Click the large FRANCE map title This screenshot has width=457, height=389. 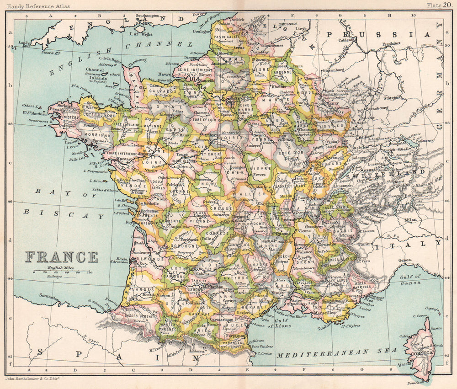pos(61,257)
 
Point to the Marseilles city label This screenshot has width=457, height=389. pos(326,319)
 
